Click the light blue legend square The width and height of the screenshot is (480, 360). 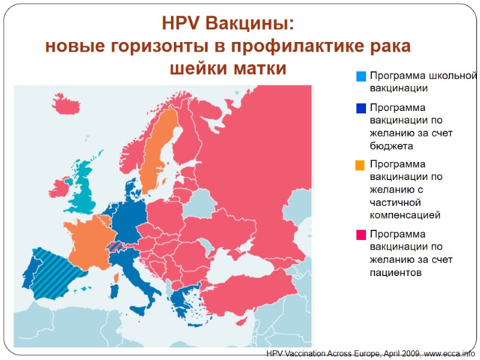point(361,77)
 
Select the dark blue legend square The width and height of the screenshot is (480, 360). point(361,109)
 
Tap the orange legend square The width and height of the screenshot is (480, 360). point(361,165)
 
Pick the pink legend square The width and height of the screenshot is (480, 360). point(361,235)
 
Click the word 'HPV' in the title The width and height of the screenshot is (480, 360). point(182,24)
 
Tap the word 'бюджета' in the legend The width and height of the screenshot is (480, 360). point(391,145)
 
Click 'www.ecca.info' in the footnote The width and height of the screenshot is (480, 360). point(449,354)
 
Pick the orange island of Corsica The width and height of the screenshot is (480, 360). point(116,277)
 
